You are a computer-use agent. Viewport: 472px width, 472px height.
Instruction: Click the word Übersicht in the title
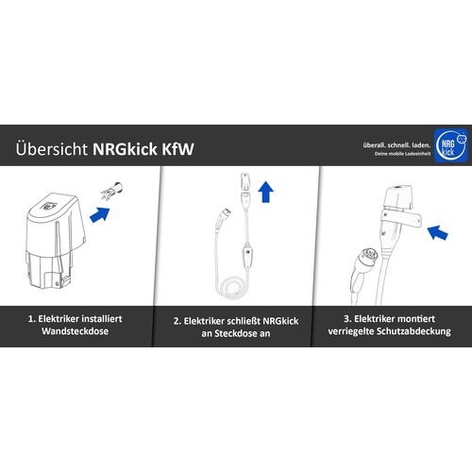(52, 148)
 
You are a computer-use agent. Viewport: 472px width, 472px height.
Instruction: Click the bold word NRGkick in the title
(126, 148)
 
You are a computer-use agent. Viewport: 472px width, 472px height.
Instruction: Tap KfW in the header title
(178, 149)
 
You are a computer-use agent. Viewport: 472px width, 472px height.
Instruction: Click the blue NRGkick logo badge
(451, 146)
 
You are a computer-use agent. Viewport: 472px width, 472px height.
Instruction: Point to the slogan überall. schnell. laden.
(396, 145)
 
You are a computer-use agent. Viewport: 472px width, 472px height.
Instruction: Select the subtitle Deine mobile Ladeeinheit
(402, 154)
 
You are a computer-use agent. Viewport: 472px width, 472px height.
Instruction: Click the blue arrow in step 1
(100, 214)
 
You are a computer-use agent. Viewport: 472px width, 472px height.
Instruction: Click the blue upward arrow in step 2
(265, 192)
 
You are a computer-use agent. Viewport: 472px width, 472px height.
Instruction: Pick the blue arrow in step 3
(437, 232)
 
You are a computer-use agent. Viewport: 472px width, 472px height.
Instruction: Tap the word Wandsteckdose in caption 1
(75, 331)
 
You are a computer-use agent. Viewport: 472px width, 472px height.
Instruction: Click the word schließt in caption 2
(242, 321)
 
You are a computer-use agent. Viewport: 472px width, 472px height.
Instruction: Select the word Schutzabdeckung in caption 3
(413, 331)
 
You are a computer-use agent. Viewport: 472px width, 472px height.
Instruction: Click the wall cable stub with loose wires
(112, 191)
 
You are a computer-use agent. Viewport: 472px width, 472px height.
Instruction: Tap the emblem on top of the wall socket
(48, 206)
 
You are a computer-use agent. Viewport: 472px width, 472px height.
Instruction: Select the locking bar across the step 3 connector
(401, 218)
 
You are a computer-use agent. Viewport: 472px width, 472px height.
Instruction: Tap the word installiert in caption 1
(102, 319)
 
